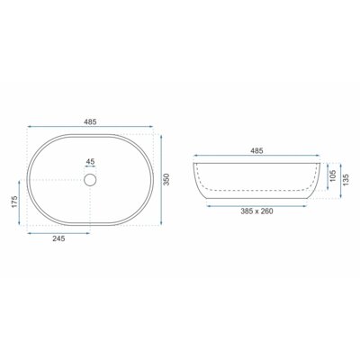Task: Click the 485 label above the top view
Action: [x=90, y=121]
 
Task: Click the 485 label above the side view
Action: [x=256, y=150]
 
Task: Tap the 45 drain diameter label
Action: [x=90, y=162]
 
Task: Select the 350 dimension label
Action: [x=167, y=179]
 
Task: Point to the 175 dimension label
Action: [x=14, y=202]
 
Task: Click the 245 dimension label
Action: [x=58, y=238]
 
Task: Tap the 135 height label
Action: [x=346, y=180]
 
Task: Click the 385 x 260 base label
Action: [x=256, y=211]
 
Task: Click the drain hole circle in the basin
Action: [x=90, y=180]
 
